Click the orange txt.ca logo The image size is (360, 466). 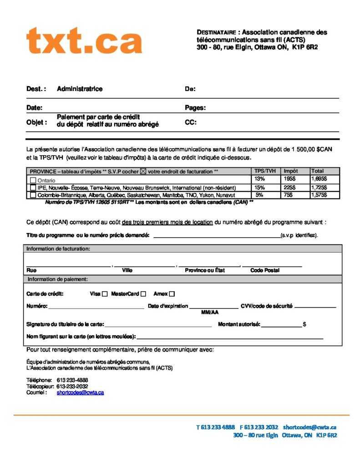coord(84,41)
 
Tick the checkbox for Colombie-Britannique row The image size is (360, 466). coord(33,195)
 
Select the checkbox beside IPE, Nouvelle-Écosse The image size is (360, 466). coord(33,187)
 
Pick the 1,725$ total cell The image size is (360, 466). coord(319,187)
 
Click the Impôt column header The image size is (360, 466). coord(290,171)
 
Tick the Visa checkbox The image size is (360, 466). coord(105,294)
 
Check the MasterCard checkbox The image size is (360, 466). coord(143,294)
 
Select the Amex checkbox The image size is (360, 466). coord(172,294)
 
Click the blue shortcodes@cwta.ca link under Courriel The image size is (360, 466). coord(80,392)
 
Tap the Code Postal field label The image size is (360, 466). coord(265,270)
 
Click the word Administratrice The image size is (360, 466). coord(80,89)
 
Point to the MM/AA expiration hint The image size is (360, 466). coord(210,312)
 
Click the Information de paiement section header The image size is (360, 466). coord(58,279)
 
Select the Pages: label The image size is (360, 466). coord(195,108)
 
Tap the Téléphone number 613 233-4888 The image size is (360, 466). coord(72,380)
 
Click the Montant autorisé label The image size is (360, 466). coord(239,324)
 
